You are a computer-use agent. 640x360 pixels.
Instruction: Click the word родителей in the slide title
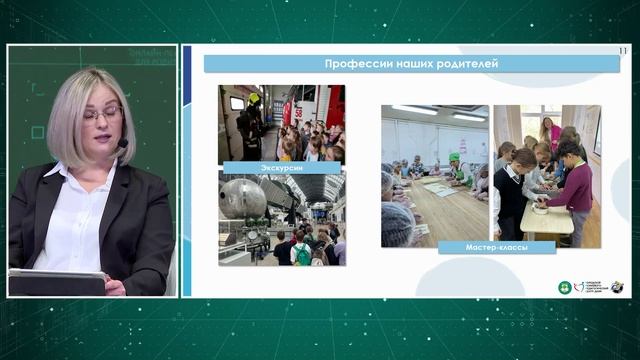point(463,64)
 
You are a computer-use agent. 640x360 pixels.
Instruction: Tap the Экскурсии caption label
point(267,167)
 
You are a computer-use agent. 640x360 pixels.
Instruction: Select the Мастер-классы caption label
point(497,246)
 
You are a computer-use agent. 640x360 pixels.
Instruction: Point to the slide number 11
point(624,50)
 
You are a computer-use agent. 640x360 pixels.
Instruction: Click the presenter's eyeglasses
point(103,114)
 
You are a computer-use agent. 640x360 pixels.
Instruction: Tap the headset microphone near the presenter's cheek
point(122,147)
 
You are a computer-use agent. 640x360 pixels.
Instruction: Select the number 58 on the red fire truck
point(297,113)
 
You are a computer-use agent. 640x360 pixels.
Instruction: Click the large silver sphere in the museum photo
point(243,198)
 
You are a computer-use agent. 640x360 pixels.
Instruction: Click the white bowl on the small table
point(541,210)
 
